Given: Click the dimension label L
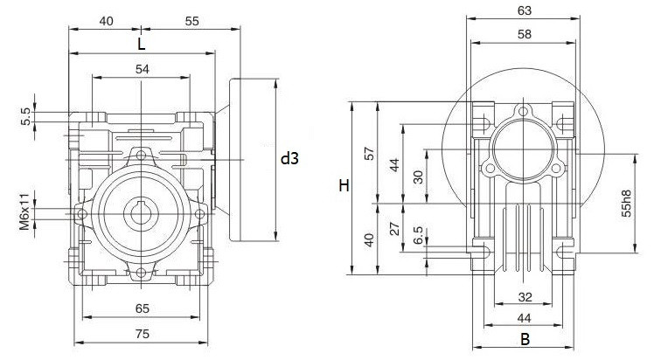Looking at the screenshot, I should pyautogui.click(x=141, y=43).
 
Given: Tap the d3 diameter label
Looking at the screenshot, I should pyautogui.click(x=289, y=159).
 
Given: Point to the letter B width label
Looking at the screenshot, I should pyautogui.click(x=525, y=337).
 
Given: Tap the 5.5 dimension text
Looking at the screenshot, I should pyautogui.click(x=26, y=117).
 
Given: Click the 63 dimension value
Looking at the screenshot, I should pyautogui.click(x=524, y=11).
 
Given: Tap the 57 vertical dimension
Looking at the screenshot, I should pyautogui.click(x=369, y=154).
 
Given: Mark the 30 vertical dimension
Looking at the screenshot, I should pyautogui.click(x=419, y=177).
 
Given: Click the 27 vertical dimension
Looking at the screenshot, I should pyautogui.click(x=393, y=229).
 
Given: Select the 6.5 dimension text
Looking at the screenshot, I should pyautogui.click(x=419, y=236).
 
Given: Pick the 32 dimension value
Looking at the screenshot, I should pyautogui.click(x=524, y=296).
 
